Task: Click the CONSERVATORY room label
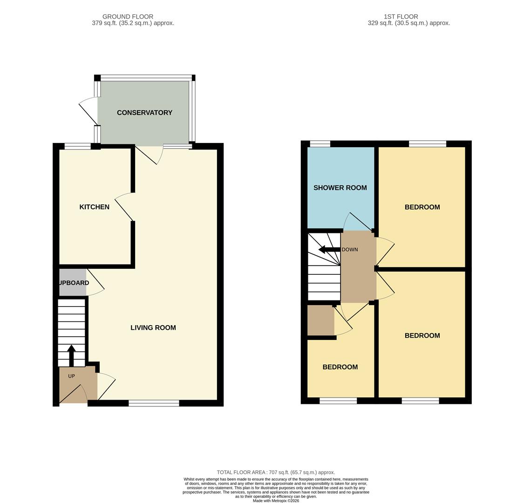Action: point(144,113)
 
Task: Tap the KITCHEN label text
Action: point(94,207)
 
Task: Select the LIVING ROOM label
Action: point(153,328)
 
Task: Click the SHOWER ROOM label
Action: point(340,188)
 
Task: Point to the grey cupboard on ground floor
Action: point(73,283)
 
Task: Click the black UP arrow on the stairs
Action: point(71,355)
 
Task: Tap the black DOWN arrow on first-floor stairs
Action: point(329,250)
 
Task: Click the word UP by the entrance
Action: point(71,376)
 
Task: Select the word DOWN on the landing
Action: point(350,250)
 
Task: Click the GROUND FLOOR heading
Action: point(128,17)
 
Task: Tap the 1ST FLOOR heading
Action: point(401,17)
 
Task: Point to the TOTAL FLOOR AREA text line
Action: point(276,472)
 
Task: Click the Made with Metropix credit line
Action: point(276,501)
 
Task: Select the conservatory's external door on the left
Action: point(88,112)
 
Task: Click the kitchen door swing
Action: point(123,207)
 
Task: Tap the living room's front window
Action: point(154,403)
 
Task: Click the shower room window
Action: point(320,143)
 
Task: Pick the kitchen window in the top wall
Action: point(77,146)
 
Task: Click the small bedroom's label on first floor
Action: point(340,367)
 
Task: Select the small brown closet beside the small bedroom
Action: point(320,320)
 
